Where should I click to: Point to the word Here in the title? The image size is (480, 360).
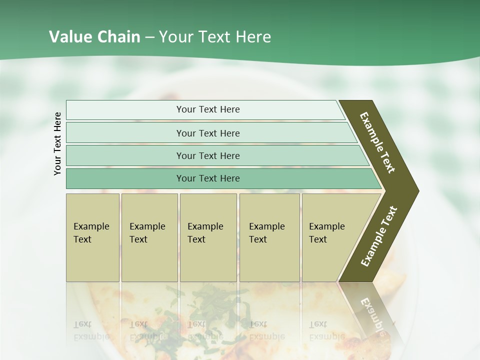253,37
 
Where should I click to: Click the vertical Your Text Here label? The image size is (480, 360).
57,144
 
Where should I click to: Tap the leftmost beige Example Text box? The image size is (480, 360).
92,237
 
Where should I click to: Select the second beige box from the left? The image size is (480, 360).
149,237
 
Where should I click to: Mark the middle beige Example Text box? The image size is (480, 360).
208,237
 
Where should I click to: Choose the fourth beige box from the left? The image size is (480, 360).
269,237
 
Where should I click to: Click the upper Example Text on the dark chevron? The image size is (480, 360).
377,142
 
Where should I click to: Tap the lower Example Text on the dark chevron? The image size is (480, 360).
379,236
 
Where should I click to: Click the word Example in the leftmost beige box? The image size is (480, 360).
91,226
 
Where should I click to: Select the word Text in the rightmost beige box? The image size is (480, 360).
318,239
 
